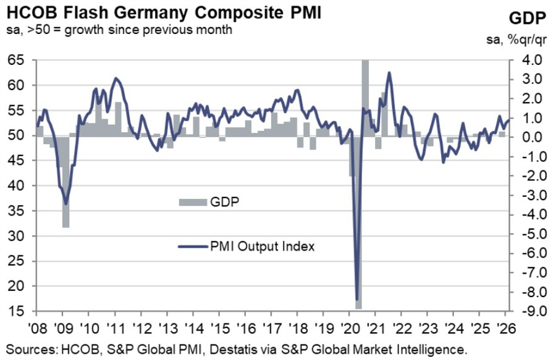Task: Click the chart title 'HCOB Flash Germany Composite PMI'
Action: pyautogui.click(x=164, y=12)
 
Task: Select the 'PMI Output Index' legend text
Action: pyautogui.click(x=263, y=246)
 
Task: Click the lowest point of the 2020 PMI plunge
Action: pyautogui.click(x=358, y=299)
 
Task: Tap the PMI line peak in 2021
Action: pyautogui.click(x=389, y=73)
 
